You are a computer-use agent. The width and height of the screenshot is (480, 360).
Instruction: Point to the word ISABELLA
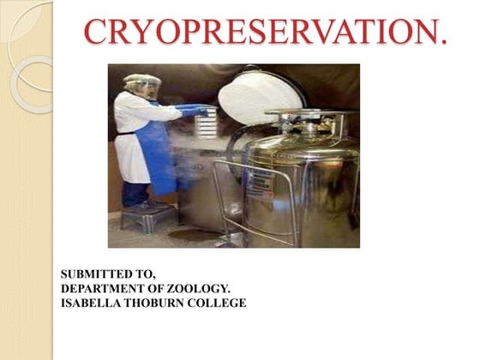(x=92, y=303)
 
